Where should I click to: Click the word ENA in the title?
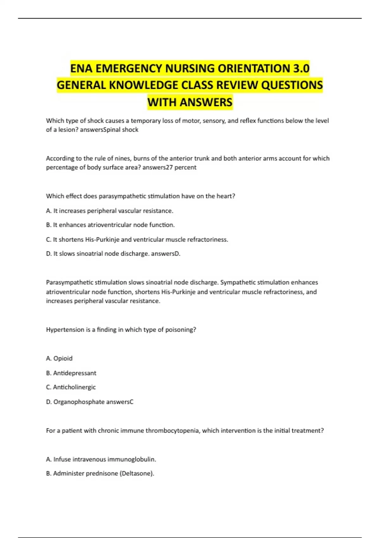tap(81, 68)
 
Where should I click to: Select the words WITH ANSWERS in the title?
tap(190, 102)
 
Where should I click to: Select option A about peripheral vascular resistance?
tap(110, 211)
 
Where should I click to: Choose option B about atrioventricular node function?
tap(110, 225)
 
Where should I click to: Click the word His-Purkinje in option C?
tap(102, 240)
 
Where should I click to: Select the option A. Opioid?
tap(59, 359)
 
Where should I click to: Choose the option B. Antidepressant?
tap(71, 373)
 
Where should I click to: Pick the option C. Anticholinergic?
tap(71, 387)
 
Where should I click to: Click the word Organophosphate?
tap(78, 402)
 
